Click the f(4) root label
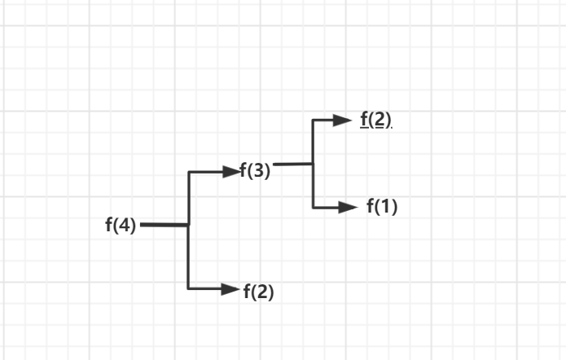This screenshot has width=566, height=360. click(121, 226)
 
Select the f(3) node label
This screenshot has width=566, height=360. click(255, 172)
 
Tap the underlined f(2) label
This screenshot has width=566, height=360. click(375, 120)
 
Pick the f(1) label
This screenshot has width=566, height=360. click(381, 207)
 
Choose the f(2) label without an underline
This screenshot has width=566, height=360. click(258, 291)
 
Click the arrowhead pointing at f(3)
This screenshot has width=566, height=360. click(230, 171)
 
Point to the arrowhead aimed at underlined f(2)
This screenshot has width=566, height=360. click(342, 121)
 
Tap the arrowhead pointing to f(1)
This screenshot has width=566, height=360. click(348, 207)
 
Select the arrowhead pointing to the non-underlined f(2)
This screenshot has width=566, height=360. click(229, 288)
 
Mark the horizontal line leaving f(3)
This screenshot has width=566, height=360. click(293, 165)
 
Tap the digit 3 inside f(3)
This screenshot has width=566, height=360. click(259, 172)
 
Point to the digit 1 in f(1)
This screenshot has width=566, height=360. click(386, 207)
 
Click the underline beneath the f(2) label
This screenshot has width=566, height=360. click(375, 128)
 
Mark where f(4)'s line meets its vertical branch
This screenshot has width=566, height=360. click(189, 225)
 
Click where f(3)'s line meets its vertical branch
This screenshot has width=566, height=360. click(314, 164)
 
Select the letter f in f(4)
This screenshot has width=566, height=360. click(109, 225)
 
